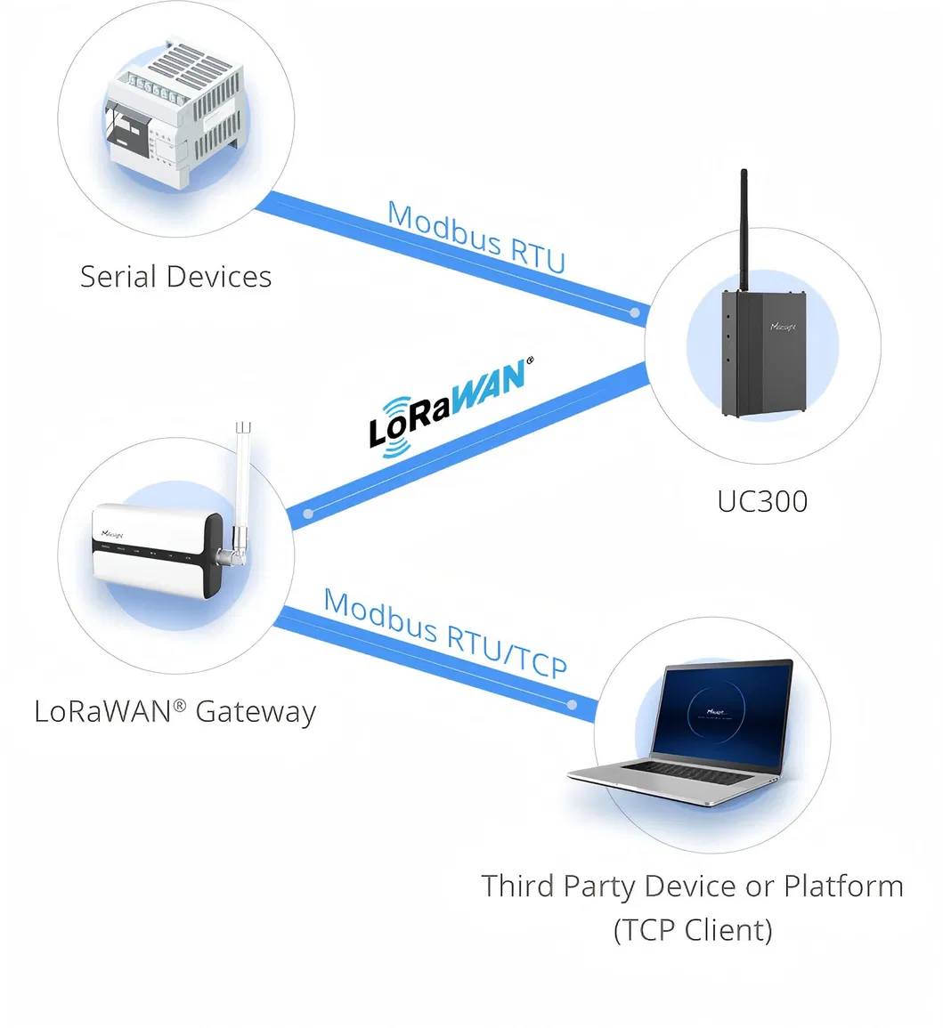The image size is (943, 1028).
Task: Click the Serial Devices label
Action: pyautogui.click(x=175, y=277)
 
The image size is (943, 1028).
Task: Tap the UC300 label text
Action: pyautogui.click(x=762, y=501)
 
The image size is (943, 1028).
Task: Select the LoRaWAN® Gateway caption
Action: pyautogui.click(x=175, y=712)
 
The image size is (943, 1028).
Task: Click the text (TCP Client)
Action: pyautogui.click(x=693, y=930)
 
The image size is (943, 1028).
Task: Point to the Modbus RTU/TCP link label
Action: pyautogui.click(x=445, y=633)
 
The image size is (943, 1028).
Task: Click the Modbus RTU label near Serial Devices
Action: pyautogui.click(x=476, y=237)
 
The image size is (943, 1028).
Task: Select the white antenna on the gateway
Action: pyautogui.click(x=242, y=481)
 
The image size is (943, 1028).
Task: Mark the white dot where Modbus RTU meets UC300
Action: pyautogui.click(x=634, y=313)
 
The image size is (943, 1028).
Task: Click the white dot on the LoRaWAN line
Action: pyautogui.click(x=308, y=514)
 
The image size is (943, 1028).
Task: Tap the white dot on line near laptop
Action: pyautogui.click(x=571, y=706)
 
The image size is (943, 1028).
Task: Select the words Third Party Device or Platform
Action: pyautogui.click(x=693, y=886)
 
